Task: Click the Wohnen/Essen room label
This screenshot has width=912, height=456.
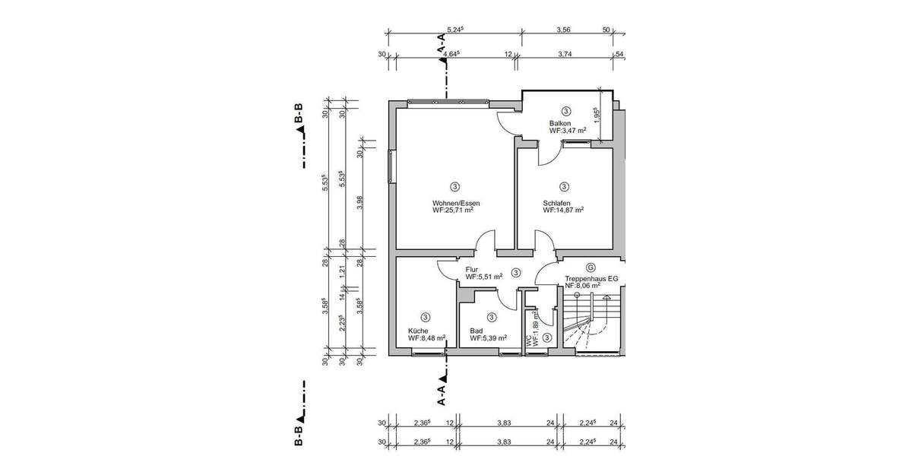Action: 456,203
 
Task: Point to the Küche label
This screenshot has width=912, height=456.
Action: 418,331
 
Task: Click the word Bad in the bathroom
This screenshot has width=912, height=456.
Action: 477,331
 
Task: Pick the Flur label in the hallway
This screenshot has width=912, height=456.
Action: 473,269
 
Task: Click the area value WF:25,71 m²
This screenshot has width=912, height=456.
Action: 453,211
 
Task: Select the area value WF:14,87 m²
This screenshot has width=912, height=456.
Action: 563,211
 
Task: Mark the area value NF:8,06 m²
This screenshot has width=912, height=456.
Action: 587,287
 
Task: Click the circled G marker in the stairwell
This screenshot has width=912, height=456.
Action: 591,268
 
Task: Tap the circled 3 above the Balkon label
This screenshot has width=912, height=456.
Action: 565,111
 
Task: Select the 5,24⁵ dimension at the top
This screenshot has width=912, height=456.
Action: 455,30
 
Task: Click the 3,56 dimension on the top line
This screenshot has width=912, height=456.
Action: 563,30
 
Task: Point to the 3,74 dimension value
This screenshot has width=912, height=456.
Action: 565,54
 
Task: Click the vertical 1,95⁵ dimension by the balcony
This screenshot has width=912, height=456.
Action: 597,116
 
